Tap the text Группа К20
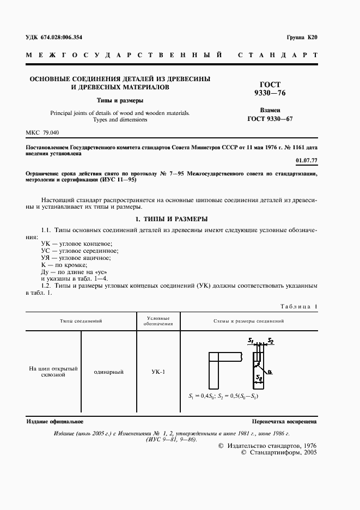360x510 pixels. pos(301,38)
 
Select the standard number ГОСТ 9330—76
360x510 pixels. pos(270,89)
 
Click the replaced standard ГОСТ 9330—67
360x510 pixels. pos(270,118)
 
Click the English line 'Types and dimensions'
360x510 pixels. pos(120,119)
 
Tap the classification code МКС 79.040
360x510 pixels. pos(42,133)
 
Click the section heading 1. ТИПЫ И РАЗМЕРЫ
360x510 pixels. pos(171,219)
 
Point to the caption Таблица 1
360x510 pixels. pos(298,307)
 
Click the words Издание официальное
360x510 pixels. pos(55,422)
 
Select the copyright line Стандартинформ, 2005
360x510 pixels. pos(278,452)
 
